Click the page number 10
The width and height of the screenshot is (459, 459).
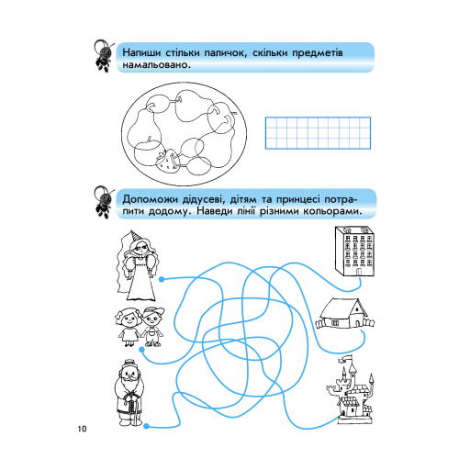[x=82, y=429]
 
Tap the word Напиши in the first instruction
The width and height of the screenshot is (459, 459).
[x=141, y=52]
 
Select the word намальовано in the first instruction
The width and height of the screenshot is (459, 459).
[x=155, y=65]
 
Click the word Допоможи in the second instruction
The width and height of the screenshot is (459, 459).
[x=149, y=200]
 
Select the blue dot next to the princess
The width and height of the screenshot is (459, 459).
[x=162, y=279]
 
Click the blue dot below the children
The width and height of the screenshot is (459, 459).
[x=141, y=350]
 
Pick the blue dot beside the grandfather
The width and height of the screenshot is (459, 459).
[x=146, y=426]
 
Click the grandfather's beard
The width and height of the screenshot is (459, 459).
[x=129, y=384]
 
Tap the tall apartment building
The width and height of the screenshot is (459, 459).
[x=354, y=251]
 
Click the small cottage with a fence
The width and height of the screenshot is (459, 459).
[x=344, y=314]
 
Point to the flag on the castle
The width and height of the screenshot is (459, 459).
[x=346, y=358]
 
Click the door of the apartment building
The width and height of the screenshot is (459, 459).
[x=357, y=272]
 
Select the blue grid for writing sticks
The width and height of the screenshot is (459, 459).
[x=318, y=133]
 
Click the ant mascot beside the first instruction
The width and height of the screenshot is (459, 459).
[x=104, y=56]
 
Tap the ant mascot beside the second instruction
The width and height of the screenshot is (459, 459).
[x=104, y=202]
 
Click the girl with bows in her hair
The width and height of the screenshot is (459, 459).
[x=128, y=327]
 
